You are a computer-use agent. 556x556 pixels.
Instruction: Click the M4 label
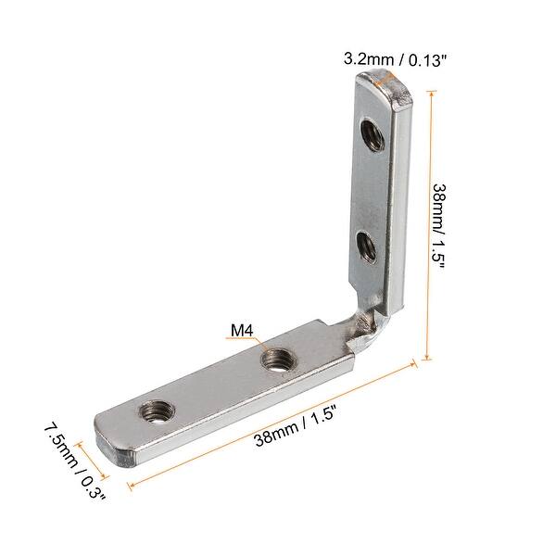(x=244, y=330)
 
